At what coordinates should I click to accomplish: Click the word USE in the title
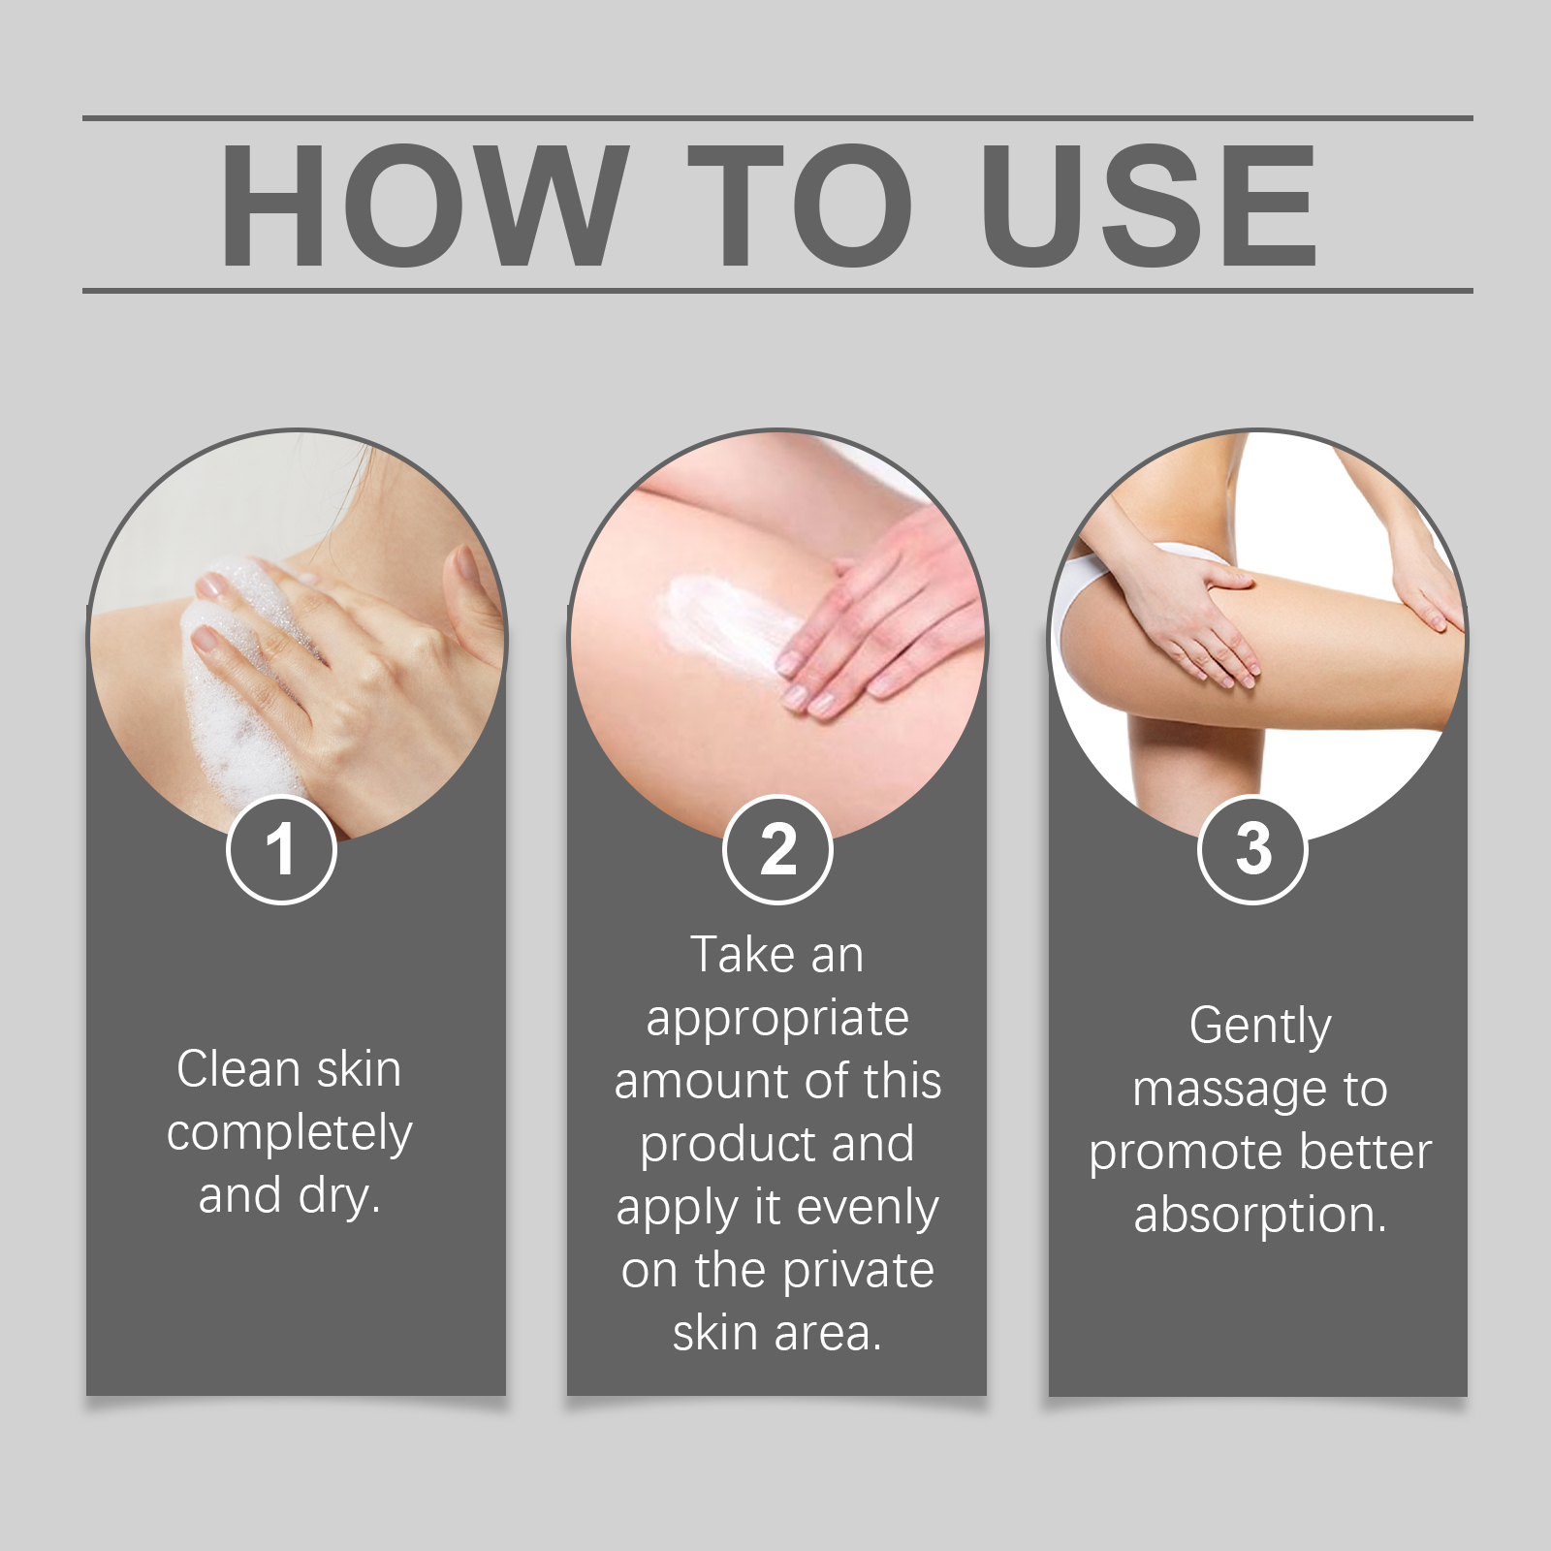tap(1149, 205)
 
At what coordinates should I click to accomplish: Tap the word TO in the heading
tap(801, 205)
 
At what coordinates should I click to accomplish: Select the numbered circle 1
tap(281, 849)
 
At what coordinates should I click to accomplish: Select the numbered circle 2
tap(777, 849)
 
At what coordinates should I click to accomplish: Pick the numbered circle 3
tap(1253, 849)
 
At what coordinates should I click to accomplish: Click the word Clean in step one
tap(238, 1069)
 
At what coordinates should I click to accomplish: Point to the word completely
tap(289, 1134)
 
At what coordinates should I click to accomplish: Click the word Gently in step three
tap(1260, 1028)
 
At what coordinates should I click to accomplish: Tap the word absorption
tap(1260, 1216)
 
